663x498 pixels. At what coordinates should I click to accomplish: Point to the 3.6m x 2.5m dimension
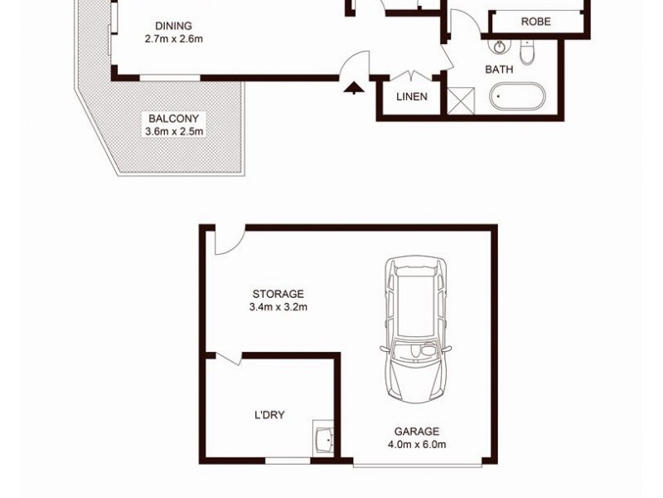click(x=174, y=131)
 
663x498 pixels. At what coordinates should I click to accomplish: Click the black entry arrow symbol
click(x=354, y=87)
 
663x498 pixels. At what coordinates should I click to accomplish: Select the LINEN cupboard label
click(x=412, y=97)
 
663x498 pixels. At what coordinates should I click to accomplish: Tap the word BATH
click(x=499, y=70)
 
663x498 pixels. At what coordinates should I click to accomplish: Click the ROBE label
click(x=535, y=22)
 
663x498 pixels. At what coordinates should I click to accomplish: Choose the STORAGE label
click(x=278, y=294)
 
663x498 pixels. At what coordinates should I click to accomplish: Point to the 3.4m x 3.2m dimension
click(x=278, y=307)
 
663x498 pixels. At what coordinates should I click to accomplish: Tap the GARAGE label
click(x=417, y=432)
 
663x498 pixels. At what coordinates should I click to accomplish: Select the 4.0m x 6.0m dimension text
click(x=417, y=445)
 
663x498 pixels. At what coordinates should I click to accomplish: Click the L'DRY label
click(x=269, y=415)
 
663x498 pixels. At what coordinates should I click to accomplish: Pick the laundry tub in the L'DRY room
click(x=322, y=437)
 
